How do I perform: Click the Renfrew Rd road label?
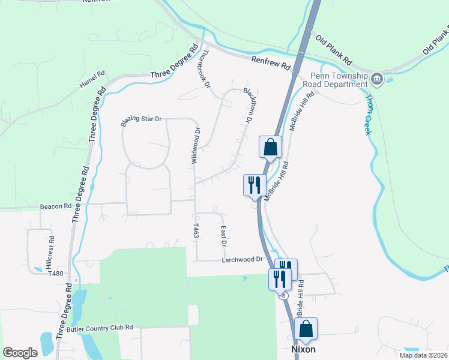pos(270,62)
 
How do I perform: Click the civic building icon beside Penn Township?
pos(377,78)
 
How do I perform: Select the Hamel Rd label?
pos(92,81)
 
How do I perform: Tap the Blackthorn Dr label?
pos(247,106)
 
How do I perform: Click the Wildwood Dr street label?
pos(194,146)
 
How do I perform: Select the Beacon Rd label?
pos(56,206)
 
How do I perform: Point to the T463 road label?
pos(196,230)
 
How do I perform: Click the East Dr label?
pos(223,236)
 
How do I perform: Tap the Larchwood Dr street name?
pos(243,259)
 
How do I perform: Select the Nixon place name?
pos(303,349)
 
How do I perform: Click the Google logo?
pos(20,353)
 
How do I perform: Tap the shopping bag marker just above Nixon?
pos(306,329)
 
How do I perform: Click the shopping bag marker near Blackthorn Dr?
pos(270,148)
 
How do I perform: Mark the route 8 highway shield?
pos(283,296)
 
